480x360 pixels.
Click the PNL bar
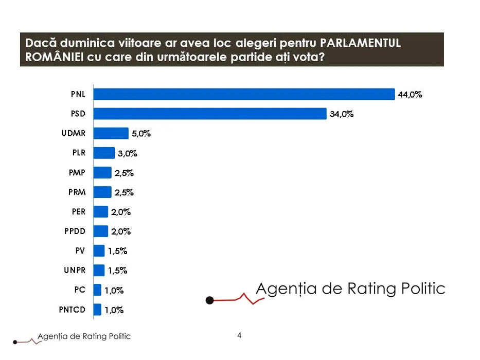pyautogui.click(x=244, y=94)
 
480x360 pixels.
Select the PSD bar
pyautogui.click(x=210, y=114)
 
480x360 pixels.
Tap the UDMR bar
pyautogui.click(x=111, y=133)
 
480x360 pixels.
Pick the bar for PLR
pyautogui.click(x=104, y=153)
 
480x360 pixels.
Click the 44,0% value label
pyautogui.click(x=410, y=95)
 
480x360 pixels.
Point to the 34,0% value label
pyautogui.click(x=342, y=114)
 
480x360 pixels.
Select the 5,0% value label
pyautogui.click(x=141, y=134)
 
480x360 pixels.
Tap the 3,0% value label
pyautogui.click(x=128, y=153)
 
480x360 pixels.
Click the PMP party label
pyautogui.click(x=77, y=173)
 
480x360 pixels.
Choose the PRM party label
pyautogui.click(x=77, y=192)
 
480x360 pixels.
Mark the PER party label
pyautogui.click(x=79, y=211)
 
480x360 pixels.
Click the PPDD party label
pyautogui.click(x=75, y=231)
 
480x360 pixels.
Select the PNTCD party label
pyautogui.click(x=73, y=309)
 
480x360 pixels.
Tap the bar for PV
pyautogui.click(x=99, y=250)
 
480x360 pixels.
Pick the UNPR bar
pyautogui.click(x=99, y=270)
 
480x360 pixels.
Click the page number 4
pyautogui.click(x=239, y=335)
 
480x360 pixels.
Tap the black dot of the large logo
pyautogui.click(x=209, y=300)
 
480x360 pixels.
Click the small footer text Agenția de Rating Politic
pyautogui.click(x=84, y=336)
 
